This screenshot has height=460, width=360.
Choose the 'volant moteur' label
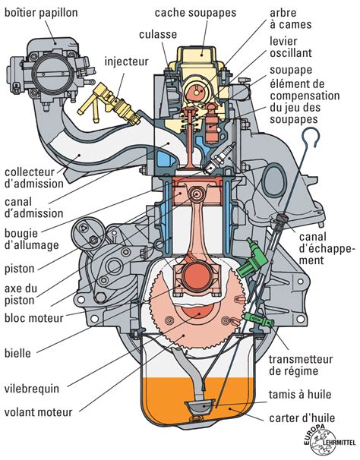[37, 413]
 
